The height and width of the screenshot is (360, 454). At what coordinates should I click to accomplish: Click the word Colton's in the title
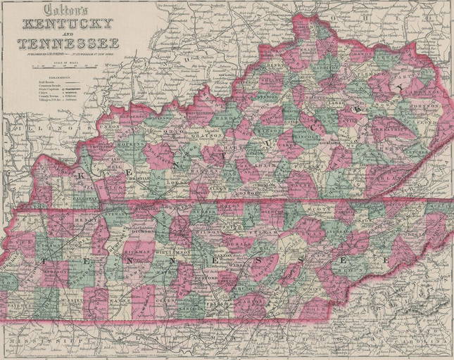point(65,10)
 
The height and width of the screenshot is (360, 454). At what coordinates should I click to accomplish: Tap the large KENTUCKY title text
point(67,23)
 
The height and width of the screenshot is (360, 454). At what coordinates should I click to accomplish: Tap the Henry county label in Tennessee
point(87,219)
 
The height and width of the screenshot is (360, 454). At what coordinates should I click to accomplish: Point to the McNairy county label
point(75,299)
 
